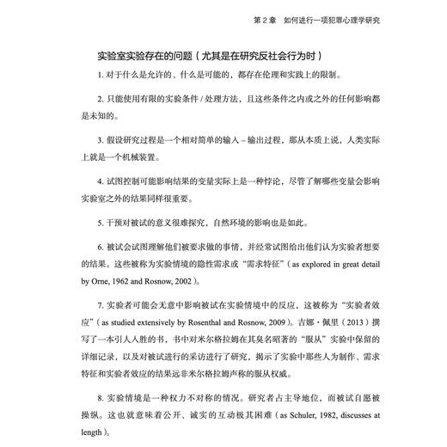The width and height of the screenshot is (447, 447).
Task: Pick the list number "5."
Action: (101, 219)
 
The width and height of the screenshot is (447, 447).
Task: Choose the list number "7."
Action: (101, 304)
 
